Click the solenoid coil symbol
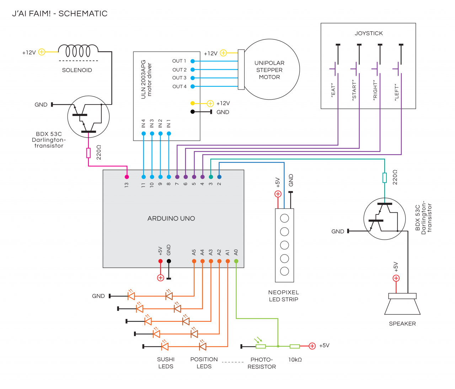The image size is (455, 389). tap(78, 51)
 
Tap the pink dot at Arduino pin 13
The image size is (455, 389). tap(127, 177)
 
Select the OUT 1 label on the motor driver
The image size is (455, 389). tap(179, 61)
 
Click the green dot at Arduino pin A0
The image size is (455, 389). tap(236, 261)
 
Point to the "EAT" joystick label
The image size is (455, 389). tap(333, 91)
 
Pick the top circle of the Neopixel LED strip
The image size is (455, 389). tap(284, 218)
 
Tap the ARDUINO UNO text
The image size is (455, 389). tap(171, 219)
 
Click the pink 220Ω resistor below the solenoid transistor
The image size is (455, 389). tap(89, 153)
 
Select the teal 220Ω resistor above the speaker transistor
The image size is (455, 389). tap(384, 178)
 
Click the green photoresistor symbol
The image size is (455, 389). tap(261, 346)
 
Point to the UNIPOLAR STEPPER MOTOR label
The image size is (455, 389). tap(269, 70)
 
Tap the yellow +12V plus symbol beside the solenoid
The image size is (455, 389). tap(42, 52)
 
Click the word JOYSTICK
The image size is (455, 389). tap(369, 33)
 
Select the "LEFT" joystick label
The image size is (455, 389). tap(396, 92)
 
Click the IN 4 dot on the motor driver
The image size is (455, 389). tap(143, 134)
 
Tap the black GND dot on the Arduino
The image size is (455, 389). tap(169, 261)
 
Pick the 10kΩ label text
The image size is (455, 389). tap(295, 360)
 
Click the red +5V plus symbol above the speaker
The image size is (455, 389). tap(396, 278)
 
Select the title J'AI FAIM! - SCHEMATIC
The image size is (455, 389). tap(60, 14)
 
